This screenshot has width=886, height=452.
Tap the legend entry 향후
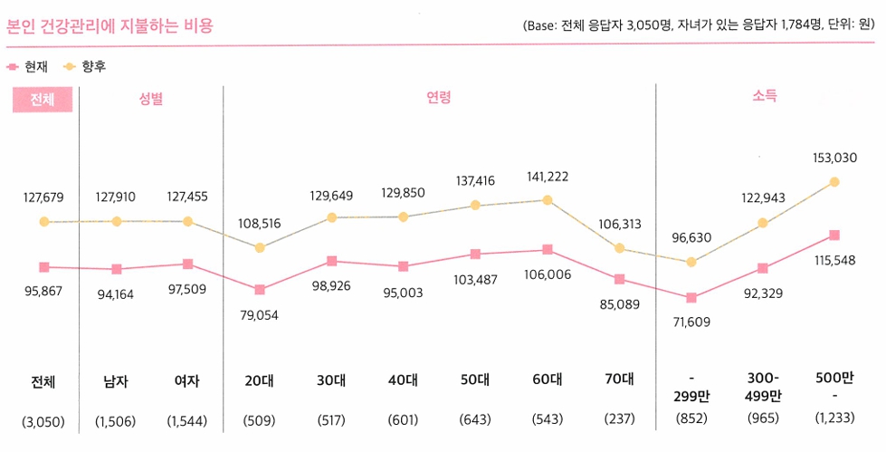(86, 66)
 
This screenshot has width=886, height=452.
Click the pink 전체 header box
(43, 99)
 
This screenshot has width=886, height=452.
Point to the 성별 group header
(151, 99)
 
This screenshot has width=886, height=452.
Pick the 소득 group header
(765, 96)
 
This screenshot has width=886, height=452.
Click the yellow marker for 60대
(548, 199)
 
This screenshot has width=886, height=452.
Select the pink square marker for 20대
(260, 290)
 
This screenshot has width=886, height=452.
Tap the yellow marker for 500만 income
(834, 182)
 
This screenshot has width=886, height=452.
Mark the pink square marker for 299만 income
(691, 297)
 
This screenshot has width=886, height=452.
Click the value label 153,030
(834, 157)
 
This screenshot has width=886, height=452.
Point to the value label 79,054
(260, 315)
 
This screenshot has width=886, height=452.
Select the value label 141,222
(548, 177)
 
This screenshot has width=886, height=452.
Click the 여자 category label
(188, 381)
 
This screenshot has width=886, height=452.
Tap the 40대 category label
(404, 381)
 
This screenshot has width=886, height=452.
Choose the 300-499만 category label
(763, 388)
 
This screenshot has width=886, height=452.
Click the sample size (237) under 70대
(619, 420)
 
